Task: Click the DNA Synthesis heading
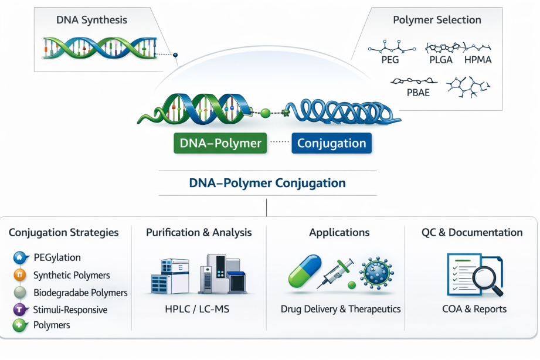(91, 20)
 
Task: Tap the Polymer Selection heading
(437, 20)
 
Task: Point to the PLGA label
(438, 60)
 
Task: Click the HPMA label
(477, 60)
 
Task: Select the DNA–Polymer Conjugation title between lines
(267, 183)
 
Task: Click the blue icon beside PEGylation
(20, 257)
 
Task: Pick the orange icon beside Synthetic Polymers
(20, 275)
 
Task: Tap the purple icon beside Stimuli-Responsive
(20, 310)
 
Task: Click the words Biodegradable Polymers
(80, 292)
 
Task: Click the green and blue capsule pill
(305, 271)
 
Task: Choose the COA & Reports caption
(474, 308)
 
